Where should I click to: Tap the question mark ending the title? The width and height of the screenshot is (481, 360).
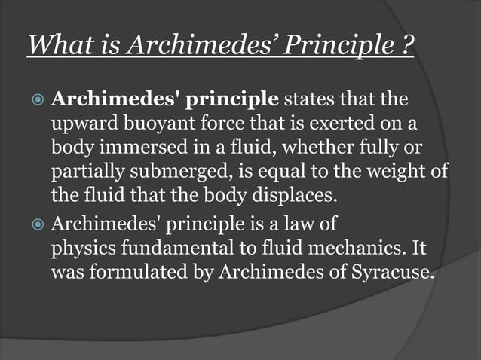(x=406, y=47)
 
